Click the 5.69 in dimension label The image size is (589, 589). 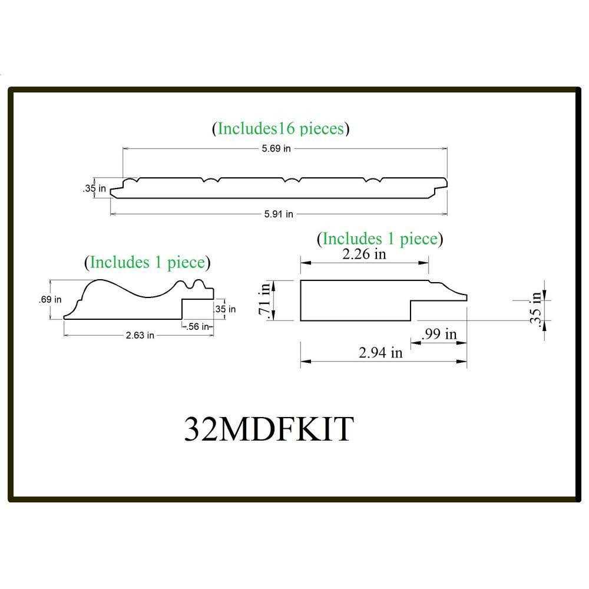coord(276,148)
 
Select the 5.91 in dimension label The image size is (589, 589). coord(279,214)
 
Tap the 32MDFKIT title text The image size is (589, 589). coord(269,429)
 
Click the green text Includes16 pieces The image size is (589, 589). coord(280,128)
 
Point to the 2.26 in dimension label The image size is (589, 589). coord(364,254)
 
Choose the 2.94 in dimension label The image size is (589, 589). coord(380,352)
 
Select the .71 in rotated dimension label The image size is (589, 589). coord(264,300)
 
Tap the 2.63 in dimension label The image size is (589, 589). coord(140,335)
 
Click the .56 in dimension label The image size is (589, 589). coord(197,326)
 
